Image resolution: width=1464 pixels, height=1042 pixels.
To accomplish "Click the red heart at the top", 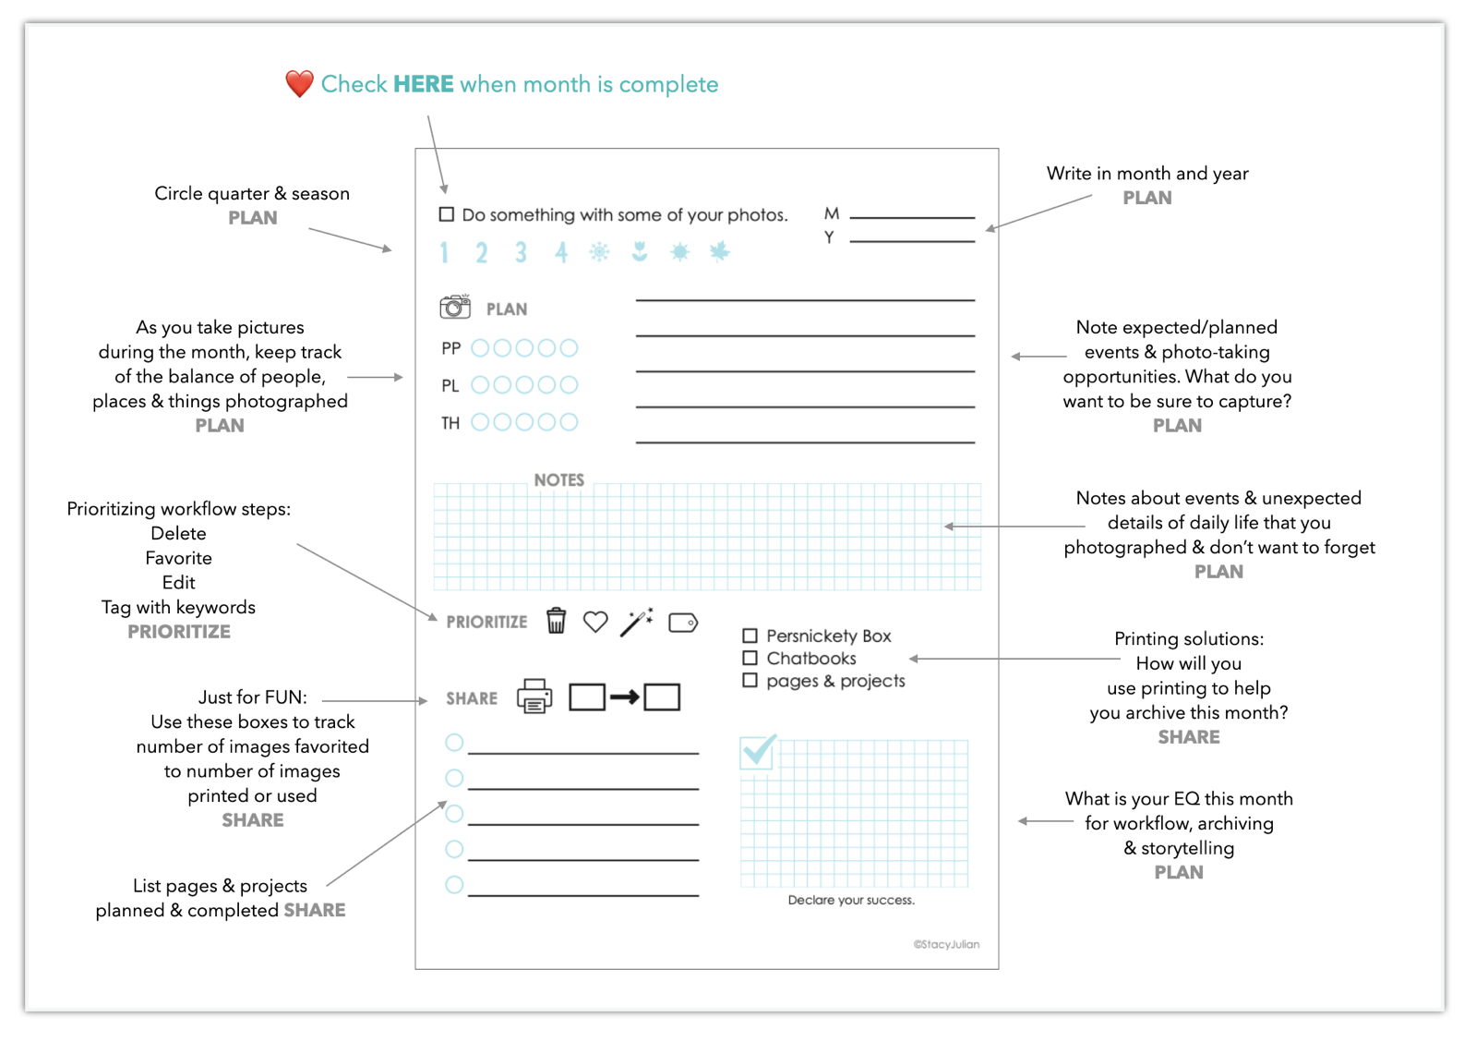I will click(x=299, y=84).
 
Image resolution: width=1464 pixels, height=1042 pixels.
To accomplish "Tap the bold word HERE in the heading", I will click(x=423, y=84).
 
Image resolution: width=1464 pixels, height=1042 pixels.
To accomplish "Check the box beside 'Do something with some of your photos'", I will click(x=447, y=214).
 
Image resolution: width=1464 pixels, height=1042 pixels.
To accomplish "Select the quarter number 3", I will click(x=521, y=252).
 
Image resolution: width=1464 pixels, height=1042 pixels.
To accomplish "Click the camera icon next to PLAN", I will click(x=455, y=307).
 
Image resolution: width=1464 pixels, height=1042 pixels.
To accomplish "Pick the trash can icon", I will click(x=556, y=621).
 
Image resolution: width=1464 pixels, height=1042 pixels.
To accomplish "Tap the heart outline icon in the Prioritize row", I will click(x=595, y=622).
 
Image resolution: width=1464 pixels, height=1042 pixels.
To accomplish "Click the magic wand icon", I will click(x=637, y=622).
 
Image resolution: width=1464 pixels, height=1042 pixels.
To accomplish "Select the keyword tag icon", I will click(x=683, y=623).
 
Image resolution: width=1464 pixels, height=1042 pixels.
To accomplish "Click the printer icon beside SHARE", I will click(x=534, y=697).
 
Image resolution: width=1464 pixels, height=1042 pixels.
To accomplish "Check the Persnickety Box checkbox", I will click(x=750, y=636).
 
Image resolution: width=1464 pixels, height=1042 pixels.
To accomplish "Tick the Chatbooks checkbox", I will click(x=750, y=658).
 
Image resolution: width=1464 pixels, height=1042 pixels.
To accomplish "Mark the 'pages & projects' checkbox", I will click(x=750, y=680).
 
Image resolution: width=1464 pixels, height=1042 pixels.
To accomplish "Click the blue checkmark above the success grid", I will click(x=759, y=751).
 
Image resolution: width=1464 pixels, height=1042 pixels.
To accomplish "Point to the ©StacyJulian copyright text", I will click(x=946, y=944).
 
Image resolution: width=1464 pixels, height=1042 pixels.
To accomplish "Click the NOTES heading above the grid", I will click(x=559, y=479).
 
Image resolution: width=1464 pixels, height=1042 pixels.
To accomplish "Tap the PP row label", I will click(x=450, y=348).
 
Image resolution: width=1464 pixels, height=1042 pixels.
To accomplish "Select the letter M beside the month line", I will click(x=832, y=213).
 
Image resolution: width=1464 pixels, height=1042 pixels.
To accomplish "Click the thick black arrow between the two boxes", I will click(x=625, y=697).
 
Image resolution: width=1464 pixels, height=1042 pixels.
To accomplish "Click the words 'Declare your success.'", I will click(x=851, y=900).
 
